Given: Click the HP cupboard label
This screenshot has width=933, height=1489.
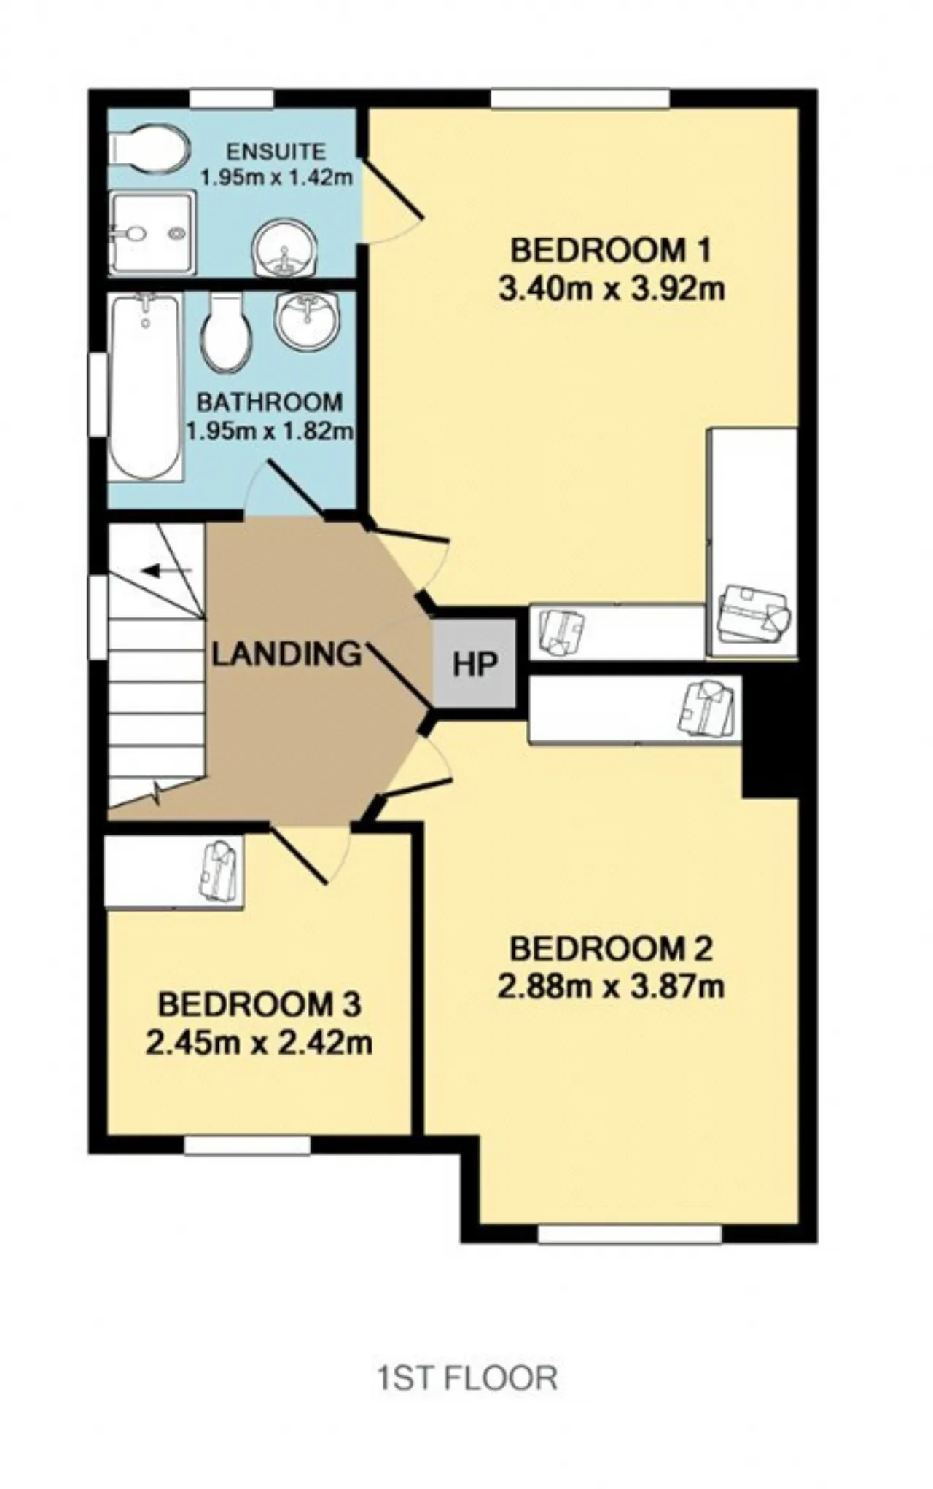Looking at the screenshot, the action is coord(475,665).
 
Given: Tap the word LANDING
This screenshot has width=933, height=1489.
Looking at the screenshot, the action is coord(287,654).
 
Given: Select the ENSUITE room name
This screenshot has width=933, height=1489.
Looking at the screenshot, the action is coord(276,152).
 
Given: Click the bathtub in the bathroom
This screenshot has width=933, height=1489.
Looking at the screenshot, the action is coord(146,387).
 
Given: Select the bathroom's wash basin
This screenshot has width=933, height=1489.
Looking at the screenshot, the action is coord(307,321).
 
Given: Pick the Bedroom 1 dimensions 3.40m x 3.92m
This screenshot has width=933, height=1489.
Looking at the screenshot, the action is coord(612,289).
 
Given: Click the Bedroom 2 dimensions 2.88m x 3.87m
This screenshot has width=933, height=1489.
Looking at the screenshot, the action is coord(611,988).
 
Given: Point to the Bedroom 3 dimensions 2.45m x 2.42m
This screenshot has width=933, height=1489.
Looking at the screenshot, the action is coord(259,1043).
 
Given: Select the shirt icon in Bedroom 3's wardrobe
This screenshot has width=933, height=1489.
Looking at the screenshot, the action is coord(218,871).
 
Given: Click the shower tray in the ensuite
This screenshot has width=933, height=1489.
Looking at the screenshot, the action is coord(153,233).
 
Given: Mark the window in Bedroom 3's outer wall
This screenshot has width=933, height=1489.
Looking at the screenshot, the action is coord(247,1146).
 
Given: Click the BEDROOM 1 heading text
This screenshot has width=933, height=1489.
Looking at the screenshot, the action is coord(610,251).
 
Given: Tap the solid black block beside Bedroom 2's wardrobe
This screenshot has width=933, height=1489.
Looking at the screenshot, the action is coord(770,736).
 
